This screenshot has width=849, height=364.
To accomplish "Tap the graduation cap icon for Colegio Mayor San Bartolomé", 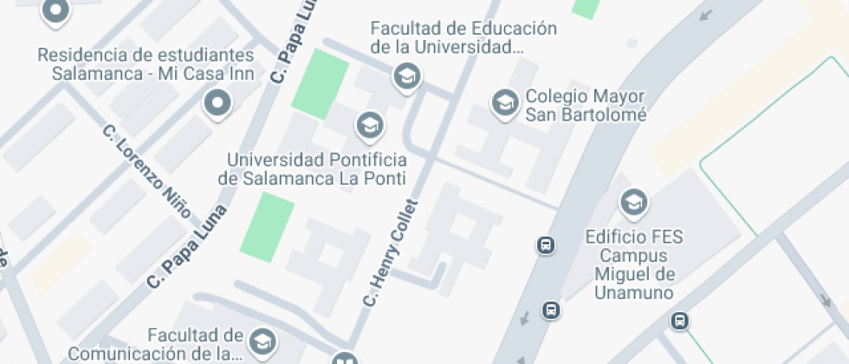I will [x=503, y=104].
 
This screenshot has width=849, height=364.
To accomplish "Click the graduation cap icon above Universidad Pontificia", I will [x=370, y=126].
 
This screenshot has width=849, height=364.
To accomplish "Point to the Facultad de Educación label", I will [x=463, y=36].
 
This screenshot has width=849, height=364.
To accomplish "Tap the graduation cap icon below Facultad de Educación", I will [x=405, y=77].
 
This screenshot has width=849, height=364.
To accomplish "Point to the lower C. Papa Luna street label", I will [x=187, y=246].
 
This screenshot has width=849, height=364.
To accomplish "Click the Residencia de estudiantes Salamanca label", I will [x=146, y=64].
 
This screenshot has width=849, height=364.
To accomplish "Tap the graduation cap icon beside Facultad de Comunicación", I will [x=262, y=340].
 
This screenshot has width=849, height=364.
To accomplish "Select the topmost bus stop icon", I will [x=547, y=245].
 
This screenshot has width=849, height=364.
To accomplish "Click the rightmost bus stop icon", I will [x=681, y=322].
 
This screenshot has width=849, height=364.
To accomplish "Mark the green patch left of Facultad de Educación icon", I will [x=319, y=84].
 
